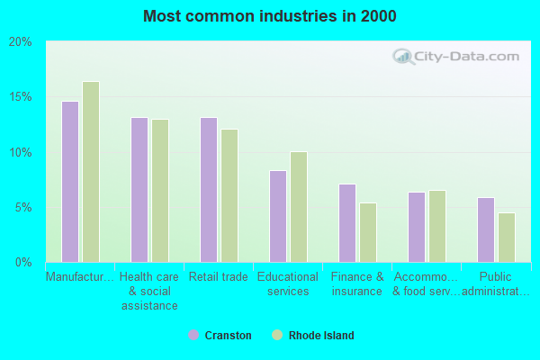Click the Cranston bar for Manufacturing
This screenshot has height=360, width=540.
[x=69, y=182]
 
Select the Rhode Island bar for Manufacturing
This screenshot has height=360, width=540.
[x=91, y=172]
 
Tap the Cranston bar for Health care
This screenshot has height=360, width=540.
[x=139, y=190]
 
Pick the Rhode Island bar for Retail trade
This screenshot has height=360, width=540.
[x=229, y=195]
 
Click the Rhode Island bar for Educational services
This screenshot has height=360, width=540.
[x=299, y=207]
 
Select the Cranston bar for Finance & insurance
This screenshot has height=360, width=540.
[x=346, y=223]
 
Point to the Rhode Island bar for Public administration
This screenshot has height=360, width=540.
[x=507, y=238]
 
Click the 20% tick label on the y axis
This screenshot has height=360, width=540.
[x=21, y=41]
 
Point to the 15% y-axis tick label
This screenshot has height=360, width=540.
[x=21, y=97]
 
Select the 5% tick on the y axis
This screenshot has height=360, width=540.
[x=23, y=207]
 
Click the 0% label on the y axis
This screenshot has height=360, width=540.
[x=23, y=262]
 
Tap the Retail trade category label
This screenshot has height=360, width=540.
[x=219, y=277]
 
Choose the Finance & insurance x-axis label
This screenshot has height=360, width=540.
[x=357, y=283]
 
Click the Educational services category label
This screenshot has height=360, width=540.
[x=288, y=283]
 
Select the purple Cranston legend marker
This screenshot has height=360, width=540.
[x=193, y=335]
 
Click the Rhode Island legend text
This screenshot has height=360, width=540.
[x=321, y=336]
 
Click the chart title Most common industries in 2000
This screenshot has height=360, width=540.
[x=269, y=16]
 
